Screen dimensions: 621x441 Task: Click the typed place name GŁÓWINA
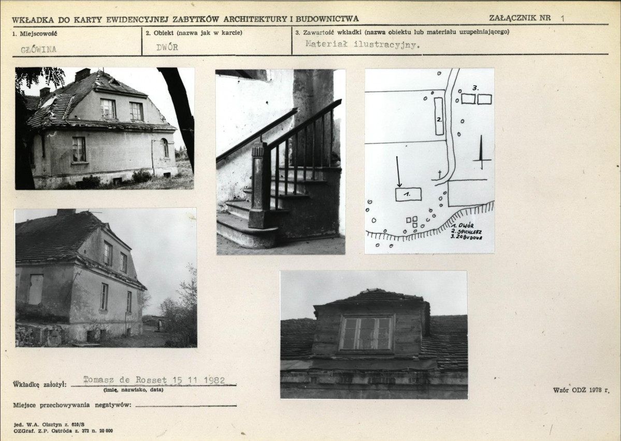pos(38,50)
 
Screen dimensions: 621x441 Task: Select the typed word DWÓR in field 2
pos(167,47)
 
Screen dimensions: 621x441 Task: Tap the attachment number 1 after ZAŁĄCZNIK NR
pos(562,18)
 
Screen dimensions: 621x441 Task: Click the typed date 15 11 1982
pos(199,380)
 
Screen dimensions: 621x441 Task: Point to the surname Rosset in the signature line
pos(151,380)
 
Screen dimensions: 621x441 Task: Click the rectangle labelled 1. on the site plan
pos(408,194)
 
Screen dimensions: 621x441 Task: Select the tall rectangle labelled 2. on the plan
pos(439,116)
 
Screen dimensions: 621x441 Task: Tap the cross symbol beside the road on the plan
pos(439,174)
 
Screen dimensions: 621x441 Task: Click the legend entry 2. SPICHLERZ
pos(467,232)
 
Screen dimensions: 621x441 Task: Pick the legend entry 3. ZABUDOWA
pos(467,237)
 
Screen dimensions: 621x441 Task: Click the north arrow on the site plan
pos(482,152)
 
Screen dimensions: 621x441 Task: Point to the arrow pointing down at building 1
pos(398,172)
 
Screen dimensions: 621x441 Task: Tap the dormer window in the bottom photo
pos(366,333)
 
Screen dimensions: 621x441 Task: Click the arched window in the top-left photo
pos(165,148)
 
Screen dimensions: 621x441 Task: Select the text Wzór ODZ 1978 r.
pos(581,390)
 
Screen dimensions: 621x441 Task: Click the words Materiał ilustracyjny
pos(362,45)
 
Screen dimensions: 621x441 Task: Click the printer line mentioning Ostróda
pos(63,431)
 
